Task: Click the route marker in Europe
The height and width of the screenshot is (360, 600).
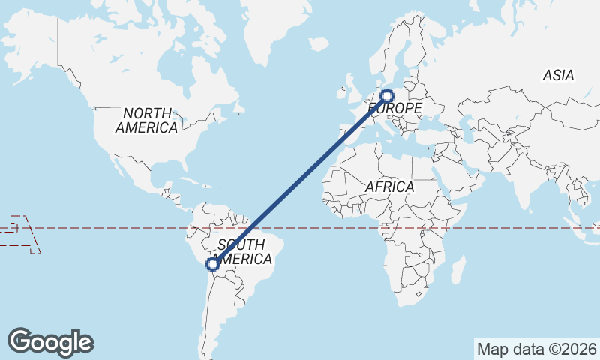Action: coord(387,95)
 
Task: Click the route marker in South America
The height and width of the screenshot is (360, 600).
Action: coord(213,263)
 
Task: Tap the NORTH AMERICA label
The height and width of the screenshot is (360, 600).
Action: coord(147,120)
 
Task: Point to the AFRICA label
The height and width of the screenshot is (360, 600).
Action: coord(389,187)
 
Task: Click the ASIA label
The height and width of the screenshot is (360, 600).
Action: coord(558,75)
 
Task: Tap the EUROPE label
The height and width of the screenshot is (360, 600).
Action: coord(395,109)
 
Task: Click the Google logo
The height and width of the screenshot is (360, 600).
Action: coord(51,342)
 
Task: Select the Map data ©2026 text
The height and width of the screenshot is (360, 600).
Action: coord(536,349)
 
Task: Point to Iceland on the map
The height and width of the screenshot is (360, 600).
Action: coord(318,44)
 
